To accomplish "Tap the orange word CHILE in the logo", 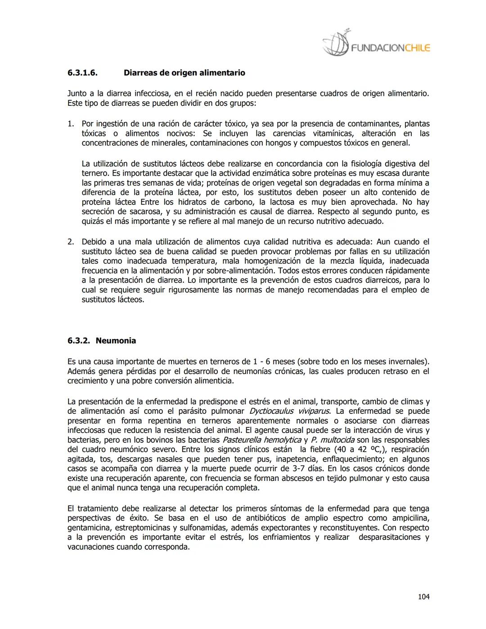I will (417, 48).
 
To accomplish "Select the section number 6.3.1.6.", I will (83, 72).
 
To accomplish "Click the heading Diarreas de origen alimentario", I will (184, 72).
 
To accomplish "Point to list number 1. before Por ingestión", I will (71, 123).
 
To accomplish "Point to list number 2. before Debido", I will (71, 242).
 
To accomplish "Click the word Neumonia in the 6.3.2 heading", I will (116, 340).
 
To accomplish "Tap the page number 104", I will (423, 597).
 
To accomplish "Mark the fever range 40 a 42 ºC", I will (352, 449).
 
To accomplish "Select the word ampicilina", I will (410, 518).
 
